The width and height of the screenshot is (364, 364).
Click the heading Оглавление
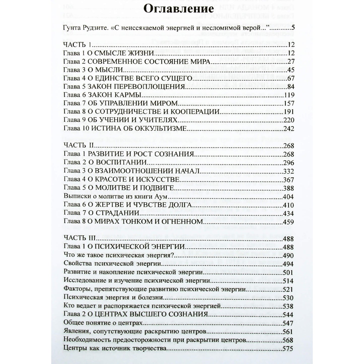pyautogui.click(x=179, y=9)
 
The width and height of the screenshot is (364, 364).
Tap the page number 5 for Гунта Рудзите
pyautogui.click(x=292, y=28)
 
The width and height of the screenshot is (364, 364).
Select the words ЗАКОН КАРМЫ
pyautogui.click(x=114, y=95)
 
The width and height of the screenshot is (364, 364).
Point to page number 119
pyautogui.click(x=289, y=95)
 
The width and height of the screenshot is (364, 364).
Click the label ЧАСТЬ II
pyautogui.click(x=79, y=145)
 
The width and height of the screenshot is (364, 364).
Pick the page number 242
pyautogui.click(x=289, y=128)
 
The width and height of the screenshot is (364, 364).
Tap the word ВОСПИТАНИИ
pyautogui.click(x=125, y=162)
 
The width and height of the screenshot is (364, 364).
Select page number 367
pyautogui.click(x=289, y=180)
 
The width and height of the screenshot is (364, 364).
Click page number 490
pyautogui.click(x=288, y=255)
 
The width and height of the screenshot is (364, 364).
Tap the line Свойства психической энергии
pyautogui.click(x=112, y=264)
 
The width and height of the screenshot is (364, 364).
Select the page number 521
pyautogui.click(x=288, y=289)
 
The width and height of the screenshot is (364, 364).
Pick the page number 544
pyautogui.click(x=288, y=315)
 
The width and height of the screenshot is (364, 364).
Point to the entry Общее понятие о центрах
pyautogui.click(x=103, y=323)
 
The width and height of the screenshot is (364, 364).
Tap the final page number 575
pyautogui.click(x=288, y=349)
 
